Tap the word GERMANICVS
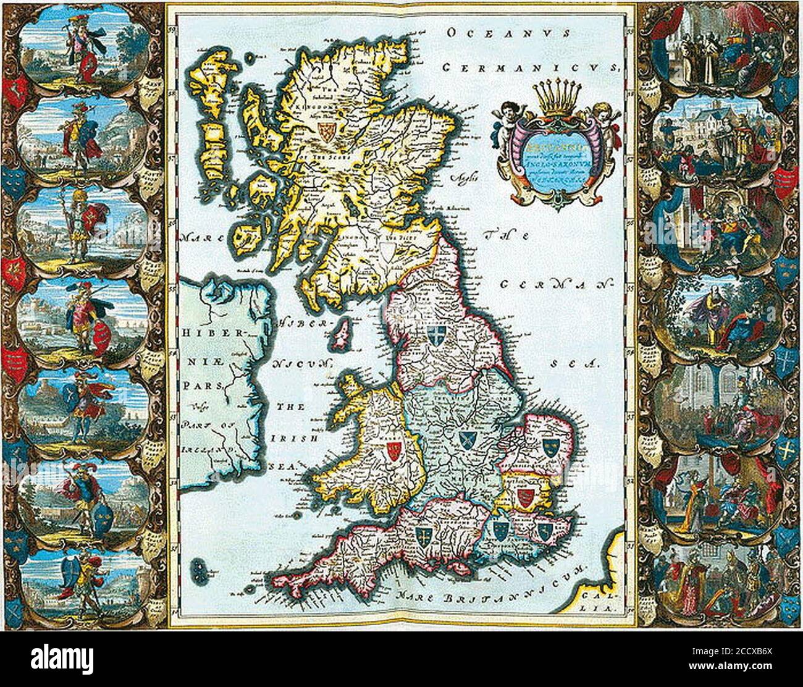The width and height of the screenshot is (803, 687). (532, 67)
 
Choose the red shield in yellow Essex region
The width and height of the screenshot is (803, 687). (524, 497)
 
